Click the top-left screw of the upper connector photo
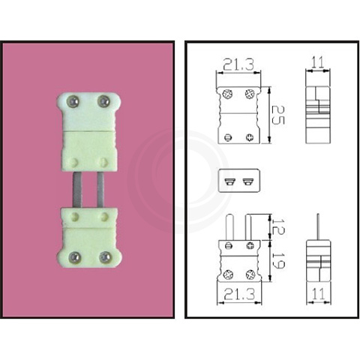73,101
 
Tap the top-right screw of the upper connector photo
104,101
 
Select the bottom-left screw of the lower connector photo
73,257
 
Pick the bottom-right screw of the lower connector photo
105,257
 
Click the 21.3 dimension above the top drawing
239,63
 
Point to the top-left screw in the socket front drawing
229,93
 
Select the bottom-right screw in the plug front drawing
250,274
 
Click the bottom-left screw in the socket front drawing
229,136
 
